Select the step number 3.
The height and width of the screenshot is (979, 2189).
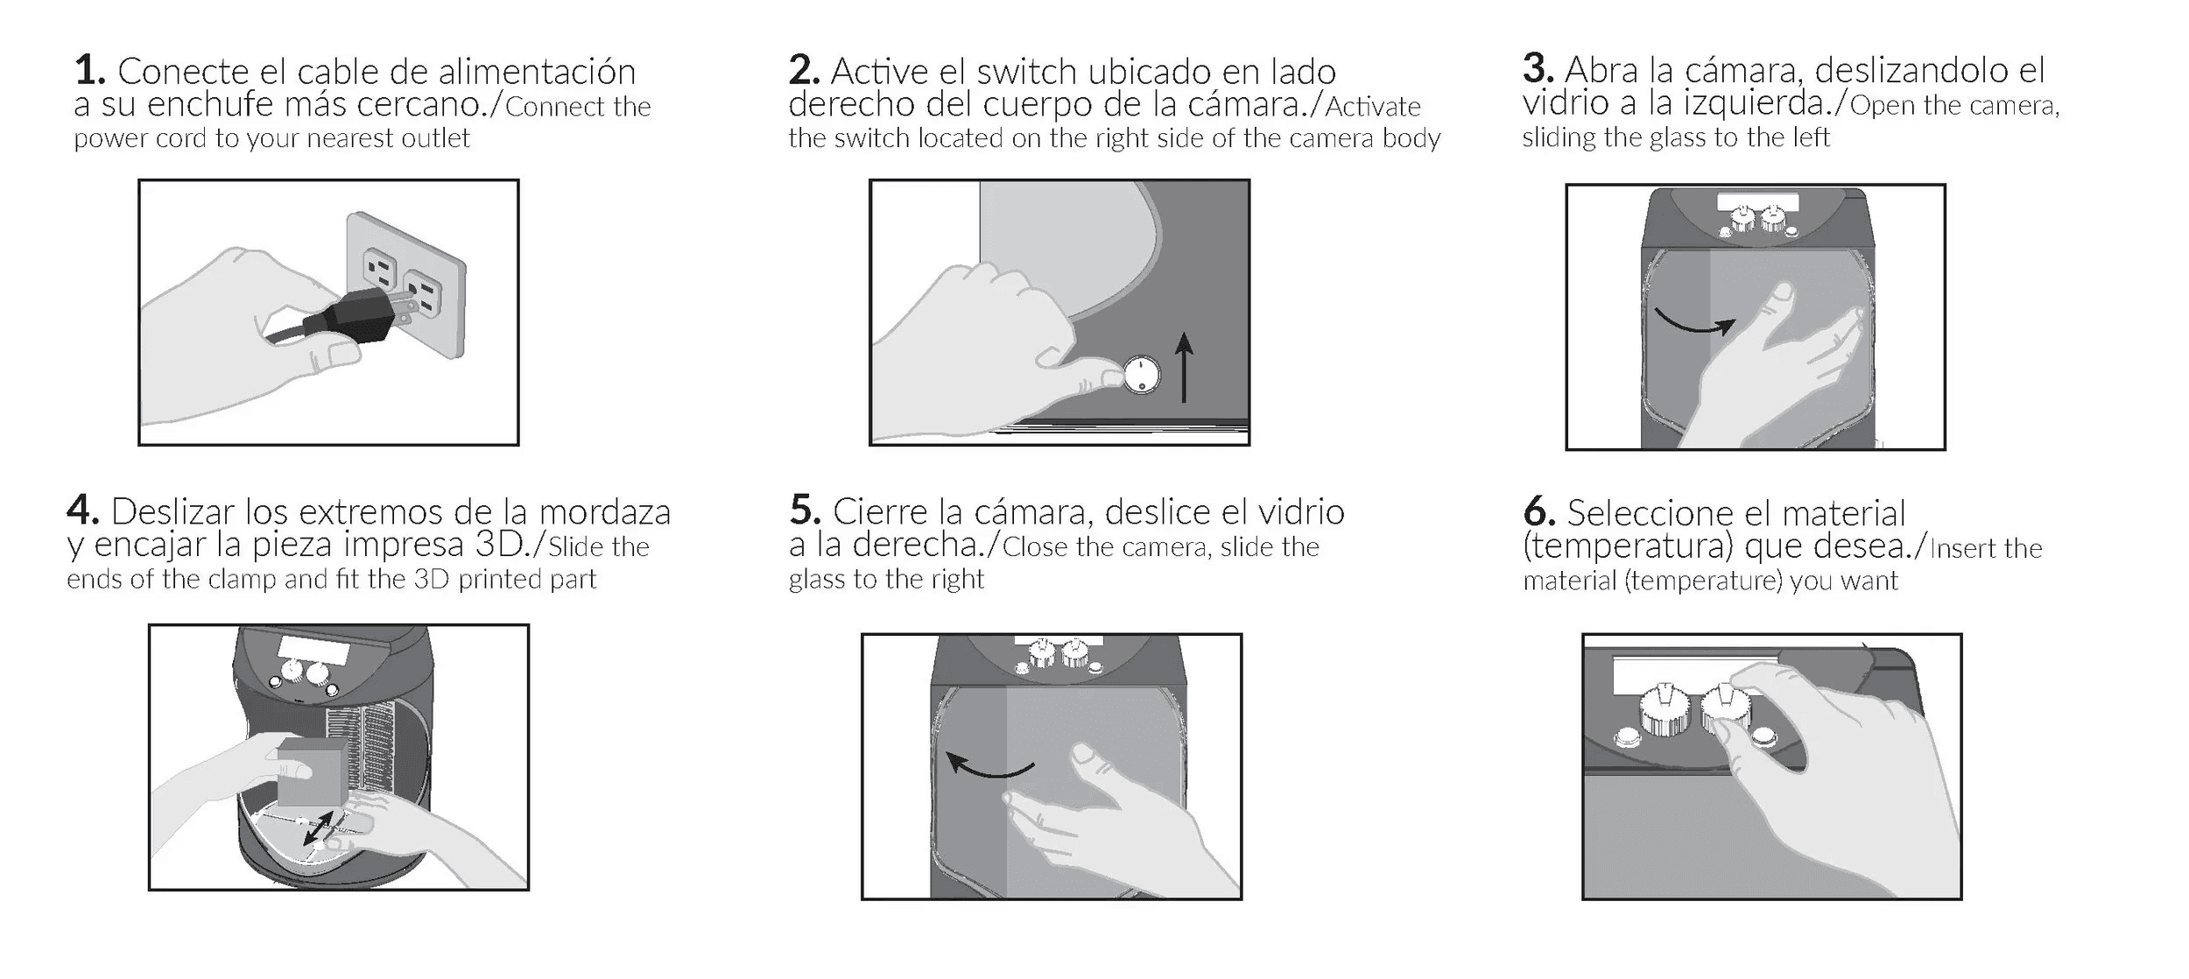point(1538,69)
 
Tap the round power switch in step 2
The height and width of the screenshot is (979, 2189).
point(1141,376)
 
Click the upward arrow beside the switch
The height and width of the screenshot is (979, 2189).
point(1184,367)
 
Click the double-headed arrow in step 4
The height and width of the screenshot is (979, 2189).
point(318,828)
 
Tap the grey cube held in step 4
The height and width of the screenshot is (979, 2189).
point(310,772)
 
